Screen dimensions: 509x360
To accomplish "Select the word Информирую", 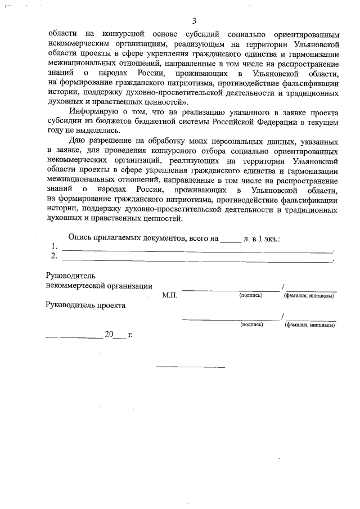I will pos(93,111).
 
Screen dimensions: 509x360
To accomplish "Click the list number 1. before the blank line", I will pos(54,247).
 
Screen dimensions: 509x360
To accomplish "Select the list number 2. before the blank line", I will pos(54,257).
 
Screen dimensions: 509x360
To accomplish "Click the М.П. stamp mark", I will pos(169,295).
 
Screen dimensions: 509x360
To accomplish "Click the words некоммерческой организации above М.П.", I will pos(98,285).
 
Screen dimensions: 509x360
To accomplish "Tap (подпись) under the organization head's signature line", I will pos(250,295).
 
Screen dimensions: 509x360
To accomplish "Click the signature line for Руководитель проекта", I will pos(231,319).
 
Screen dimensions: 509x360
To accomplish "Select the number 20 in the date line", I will pos(109,334).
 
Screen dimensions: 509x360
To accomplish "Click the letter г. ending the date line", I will pos(130,334).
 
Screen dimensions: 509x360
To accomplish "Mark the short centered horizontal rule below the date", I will pos(190,366).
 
